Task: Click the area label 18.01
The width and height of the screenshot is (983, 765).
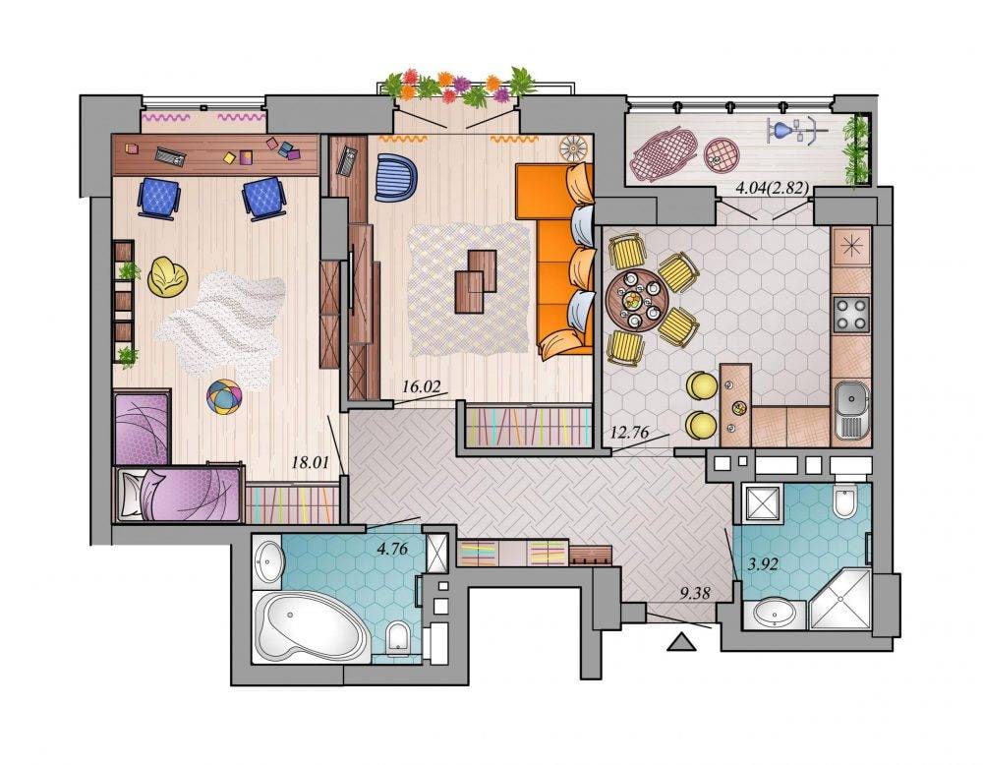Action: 311,463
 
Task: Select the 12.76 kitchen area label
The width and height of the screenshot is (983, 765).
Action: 629,432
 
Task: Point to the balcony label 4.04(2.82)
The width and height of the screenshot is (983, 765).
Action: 771,188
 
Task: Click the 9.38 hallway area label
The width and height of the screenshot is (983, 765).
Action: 696,593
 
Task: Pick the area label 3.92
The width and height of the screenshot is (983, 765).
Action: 764,564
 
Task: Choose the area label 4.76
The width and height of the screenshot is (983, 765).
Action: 392,550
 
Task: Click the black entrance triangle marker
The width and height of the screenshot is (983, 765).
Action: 681,642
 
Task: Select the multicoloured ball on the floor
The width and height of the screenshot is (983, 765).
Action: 224,396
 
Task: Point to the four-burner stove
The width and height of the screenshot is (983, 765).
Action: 851,314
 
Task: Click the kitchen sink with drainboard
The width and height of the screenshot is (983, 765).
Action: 852,411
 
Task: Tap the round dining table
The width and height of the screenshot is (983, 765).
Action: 633,299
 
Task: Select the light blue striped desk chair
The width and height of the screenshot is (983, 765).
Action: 396,177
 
